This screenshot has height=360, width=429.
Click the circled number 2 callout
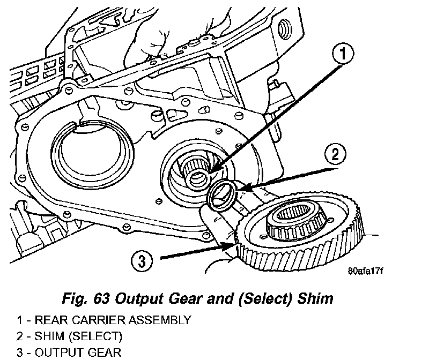(x=334, y=155)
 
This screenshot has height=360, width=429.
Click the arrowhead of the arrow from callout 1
(x=210, y=172)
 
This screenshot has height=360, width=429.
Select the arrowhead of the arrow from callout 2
(x=239, y=188)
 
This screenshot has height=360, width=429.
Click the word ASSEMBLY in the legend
(x=160, y=321)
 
